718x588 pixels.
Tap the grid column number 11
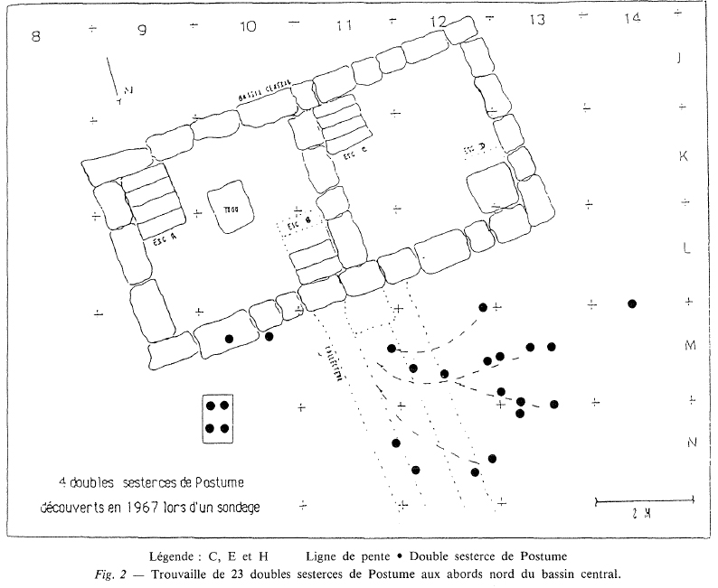coord(342,25)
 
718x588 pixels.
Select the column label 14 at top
coord(632,18)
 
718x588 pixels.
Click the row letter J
coord(682,59)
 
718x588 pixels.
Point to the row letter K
coord(684,155)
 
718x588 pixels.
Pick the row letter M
coord(689,345)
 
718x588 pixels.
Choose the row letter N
coord(689,442)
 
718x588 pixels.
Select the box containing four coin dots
coord(217,418)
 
